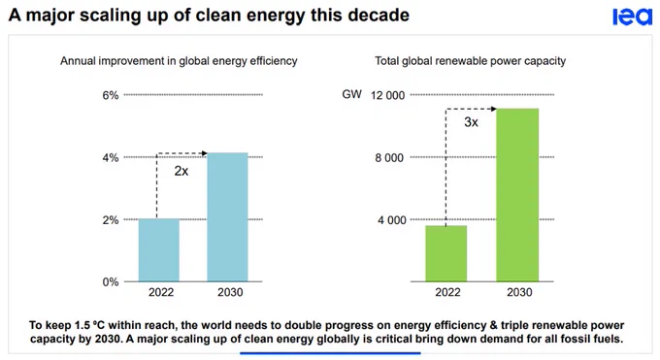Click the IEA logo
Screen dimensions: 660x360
point(632,17)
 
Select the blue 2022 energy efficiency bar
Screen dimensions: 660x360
point(159,250)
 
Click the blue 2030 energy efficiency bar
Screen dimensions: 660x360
point(227,217)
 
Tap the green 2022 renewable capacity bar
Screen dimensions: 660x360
point(446,253)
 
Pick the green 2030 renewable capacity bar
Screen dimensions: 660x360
point(517,195)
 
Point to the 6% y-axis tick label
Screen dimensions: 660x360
point(111,95)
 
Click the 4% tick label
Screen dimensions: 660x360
point(111,158)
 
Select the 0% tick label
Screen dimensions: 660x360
point(111,282)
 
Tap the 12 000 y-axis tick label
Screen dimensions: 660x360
point(387,95)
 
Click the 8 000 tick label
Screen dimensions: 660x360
point(389,158)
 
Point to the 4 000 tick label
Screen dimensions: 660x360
point(391,220)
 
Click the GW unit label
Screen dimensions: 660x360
point(352,94)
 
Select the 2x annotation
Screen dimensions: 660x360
point(181,171)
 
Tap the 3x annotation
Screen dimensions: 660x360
point(471,122)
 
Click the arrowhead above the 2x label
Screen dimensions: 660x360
point(205,153)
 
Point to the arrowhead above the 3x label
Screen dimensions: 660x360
point(494,109)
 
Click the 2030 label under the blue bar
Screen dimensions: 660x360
point(230,292)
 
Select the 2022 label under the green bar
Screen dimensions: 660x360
point(447,292)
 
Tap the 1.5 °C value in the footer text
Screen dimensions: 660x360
point(89,325)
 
